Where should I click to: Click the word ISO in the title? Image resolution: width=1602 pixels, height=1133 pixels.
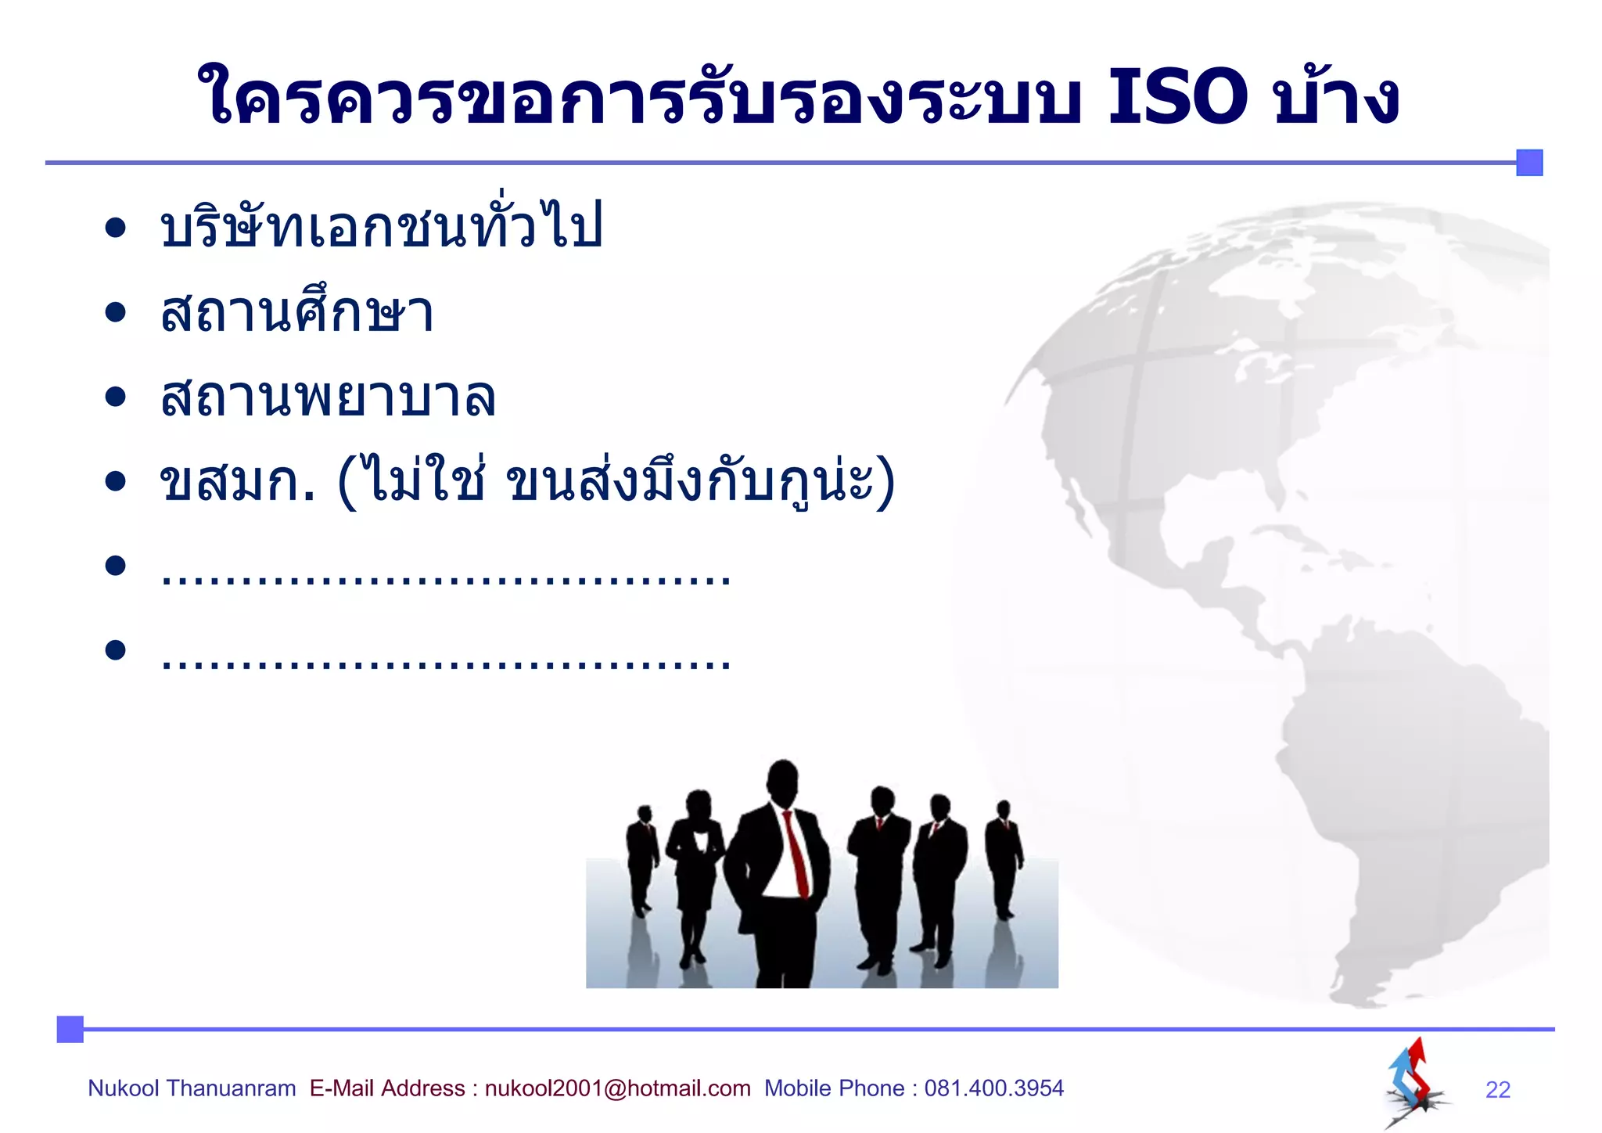tap(1177, 98)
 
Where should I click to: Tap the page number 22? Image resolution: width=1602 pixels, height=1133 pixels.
tap(1497, 1089)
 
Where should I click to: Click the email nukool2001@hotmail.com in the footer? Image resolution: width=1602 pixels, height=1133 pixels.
tap(617, 1088)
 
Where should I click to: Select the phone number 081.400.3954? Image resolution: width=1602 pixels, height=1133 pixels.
tap(993, 1088)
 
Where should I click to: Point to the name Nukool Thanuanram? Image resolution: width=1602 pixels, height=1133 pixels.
tap(192, 1088)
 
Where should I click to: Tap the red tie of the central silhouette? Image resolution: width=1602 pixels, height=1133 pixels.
tap(796, 853)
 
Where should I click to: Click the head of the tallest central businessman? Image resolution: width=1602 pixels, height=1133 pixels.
tap(782, 782)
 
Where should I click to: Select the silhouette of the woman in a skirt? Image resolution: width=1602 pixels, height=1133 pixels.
tap(694, 869)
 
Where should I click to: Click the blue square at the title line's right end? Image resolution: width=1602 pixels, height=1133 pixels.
tap(1529, 163)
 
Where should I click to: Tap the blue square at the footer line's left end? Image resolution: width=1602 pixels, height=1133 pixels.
tap(70, 1029)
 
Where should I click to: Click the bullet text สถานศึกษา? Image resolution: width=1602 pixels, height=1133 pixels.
tap(296, 313)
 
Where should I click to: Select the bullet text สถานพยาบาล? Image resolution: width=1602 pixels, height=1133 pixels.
tap(328, 397)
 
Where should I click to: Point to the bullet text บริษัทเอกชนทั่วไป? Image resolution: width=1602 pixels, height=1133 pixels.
tap(381, 227)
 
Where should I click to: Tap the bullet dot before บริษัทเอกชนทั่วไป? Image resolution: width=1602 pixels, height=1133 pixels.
tap(116, 228)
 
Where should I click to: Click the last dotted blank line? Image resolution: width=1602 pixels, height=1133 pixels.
tap(446, 662)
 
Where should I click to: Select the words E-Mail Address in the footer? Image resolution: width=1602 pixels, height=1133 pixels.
tap(386, 1088)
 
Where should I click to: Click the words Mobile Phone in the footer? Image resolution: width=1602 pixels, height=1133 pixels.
tap(834, 1088)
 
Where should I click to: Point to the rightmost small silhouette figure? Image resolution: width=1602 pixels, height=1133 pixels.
tap(1004, 857)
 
